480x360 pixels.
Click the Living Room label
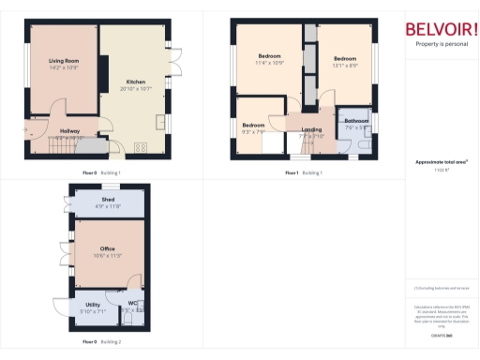[x=62, y=61]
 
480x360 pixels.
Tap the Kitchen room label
[x=133, y=82]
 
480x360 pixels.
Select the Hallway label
[x=69, y=130]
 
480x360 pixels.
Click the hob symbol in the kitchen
[x=142, y=146]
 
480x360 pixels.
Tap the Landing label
[x=311, y=129]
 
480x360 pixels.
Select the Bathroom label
[x=356, y=121]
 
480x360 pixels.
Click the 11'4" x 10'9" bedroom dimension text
[x=270, y=64]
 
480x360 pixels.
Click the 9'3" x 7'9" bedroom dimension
[x=254, y=131]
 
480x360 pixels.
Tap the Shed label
[x=109, y=199]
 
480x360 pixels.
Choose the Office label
[x=108, y=247]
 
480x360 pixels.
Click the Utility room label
[x=93, y=305]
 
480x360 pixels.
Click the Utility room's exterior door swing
[x=64, y=310]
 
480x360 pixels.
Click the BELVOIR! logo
[x=441, y=29]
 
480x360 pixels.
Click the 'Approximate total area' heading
[x=441, y=161]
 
